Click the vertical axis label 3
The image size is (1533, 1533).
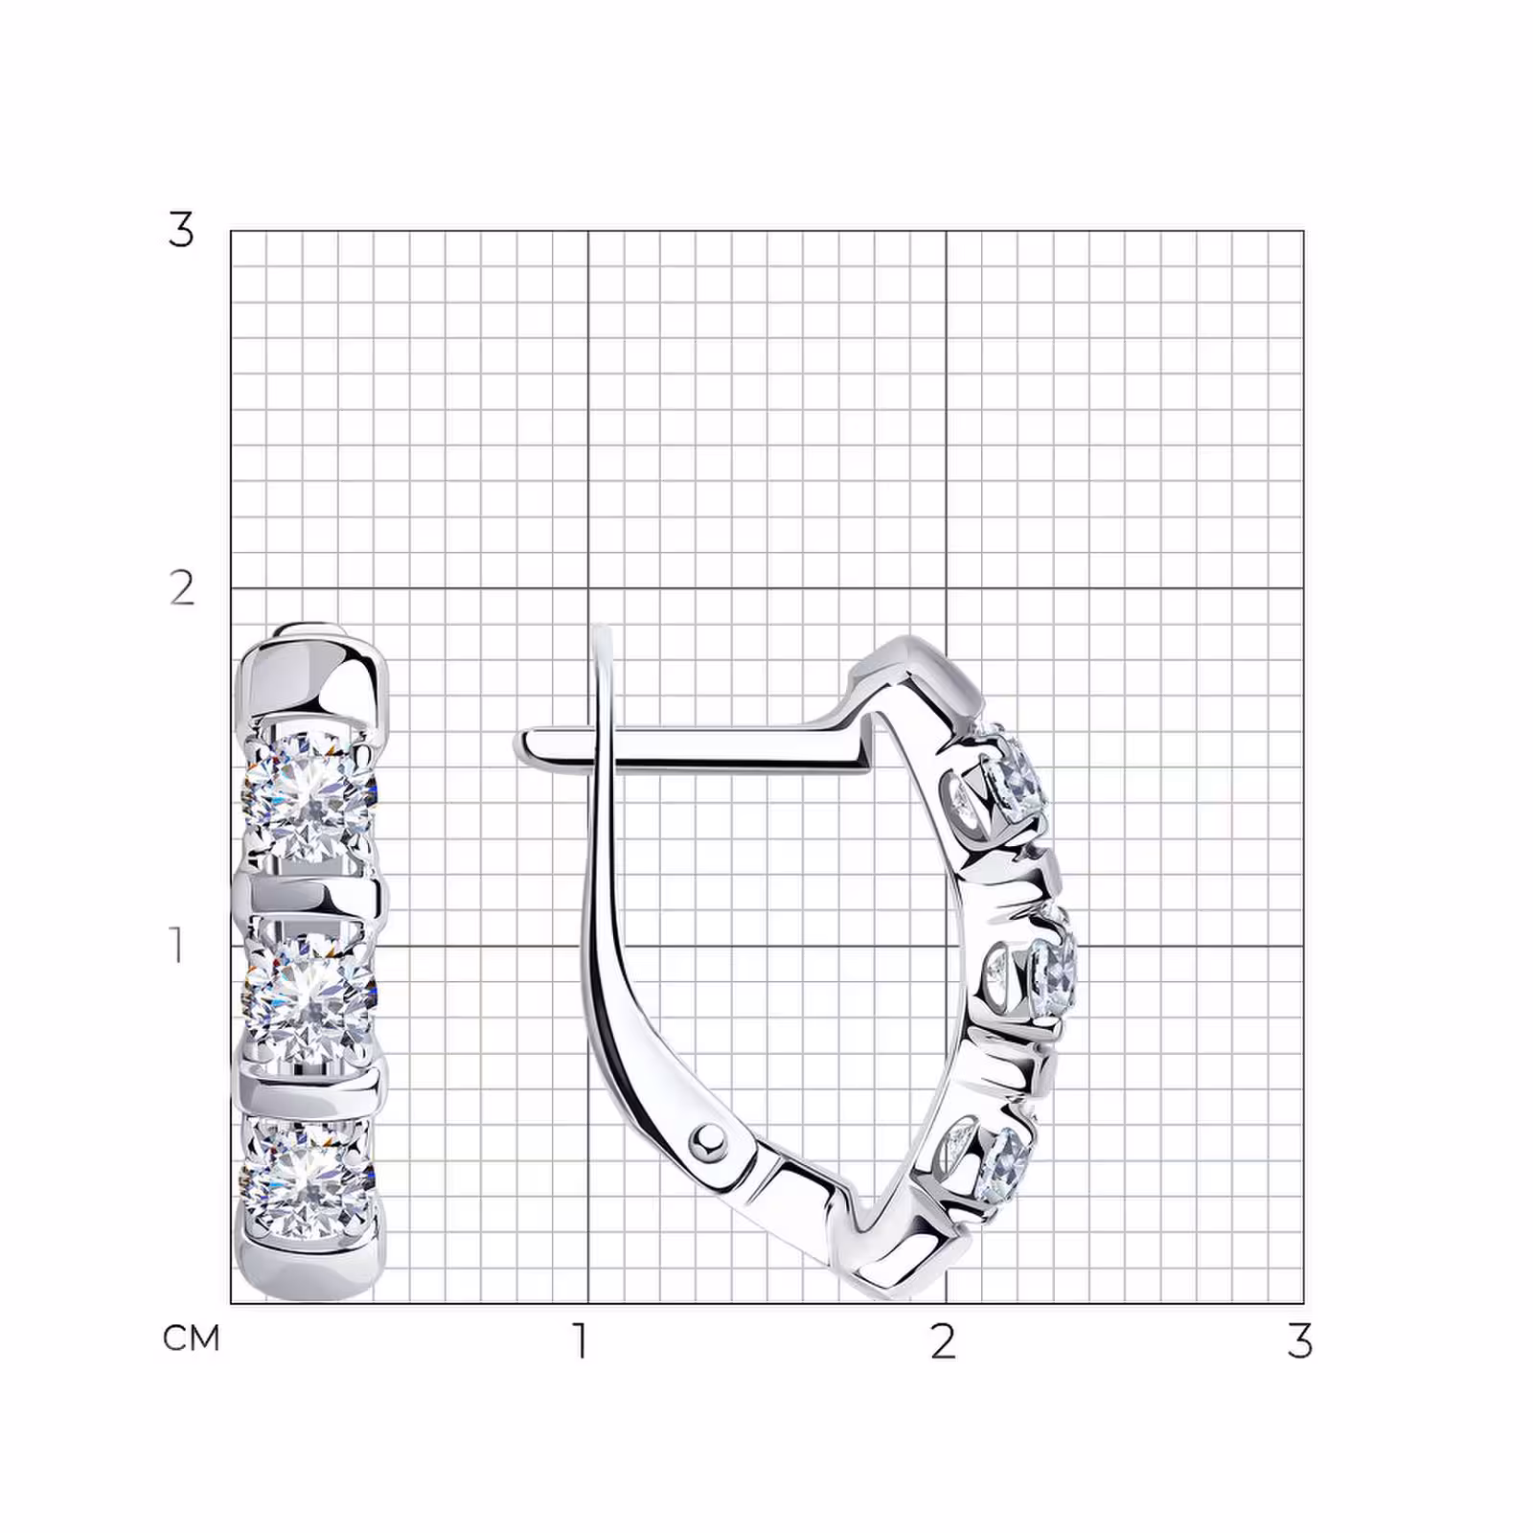(x=180, y=230)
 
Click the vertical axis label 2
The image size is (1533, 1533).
(x=182, y=587)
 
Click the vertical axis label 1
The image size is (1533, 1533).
(x=177, y=945)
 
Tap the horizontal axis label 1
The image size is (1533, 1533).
(x=581, y=1340)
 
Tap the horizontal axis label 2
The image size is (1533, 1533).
(x=943, y=1340)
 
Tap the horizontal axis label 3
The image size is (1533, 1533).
(x=1299, y=1340)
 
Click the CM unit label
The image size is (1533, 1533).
(x=192, y=1339)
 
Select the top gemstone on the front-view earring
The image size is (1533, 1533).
(x=311, y=798)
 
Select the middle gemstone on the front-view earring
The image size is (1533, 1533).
(x=311, y=996)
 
